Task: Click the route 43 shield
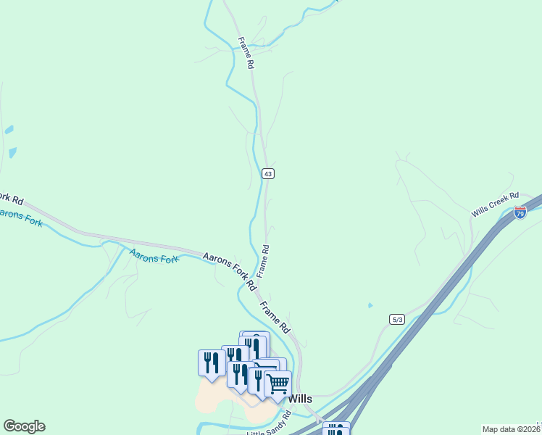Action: (268, 174)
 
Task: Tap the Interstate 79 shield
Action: (520, 212)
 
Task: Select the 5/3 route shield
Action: (396, 319)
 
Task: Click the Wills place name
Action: (300, 398)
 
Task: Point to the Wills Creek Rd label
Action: (496, 204)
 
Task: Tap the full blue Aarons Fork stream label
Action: (154, 255)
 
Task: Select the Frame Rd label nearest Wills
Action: (275, 317)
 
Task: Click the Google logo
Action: (24, 426)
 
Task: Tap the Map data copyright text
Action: (511, 429)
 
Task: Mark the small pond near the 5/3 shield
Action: (370, 305)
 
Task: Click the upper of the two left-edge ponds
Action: (9, 130)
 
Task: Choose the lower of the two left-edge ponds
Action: (12, 153)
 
